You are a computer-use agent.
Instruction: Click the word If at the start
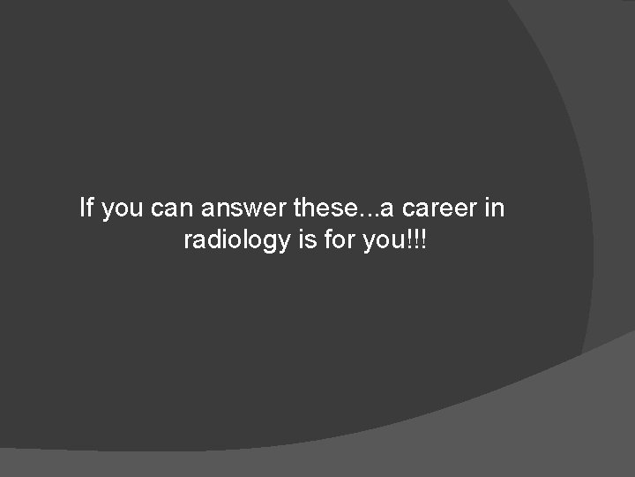[86, 208]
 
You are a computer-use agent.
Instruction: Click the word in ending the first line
[495, 208]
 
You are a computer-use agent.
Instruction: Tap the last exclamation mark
[423, 239]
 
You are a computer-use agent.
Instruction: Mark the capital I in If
[83, 208]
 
